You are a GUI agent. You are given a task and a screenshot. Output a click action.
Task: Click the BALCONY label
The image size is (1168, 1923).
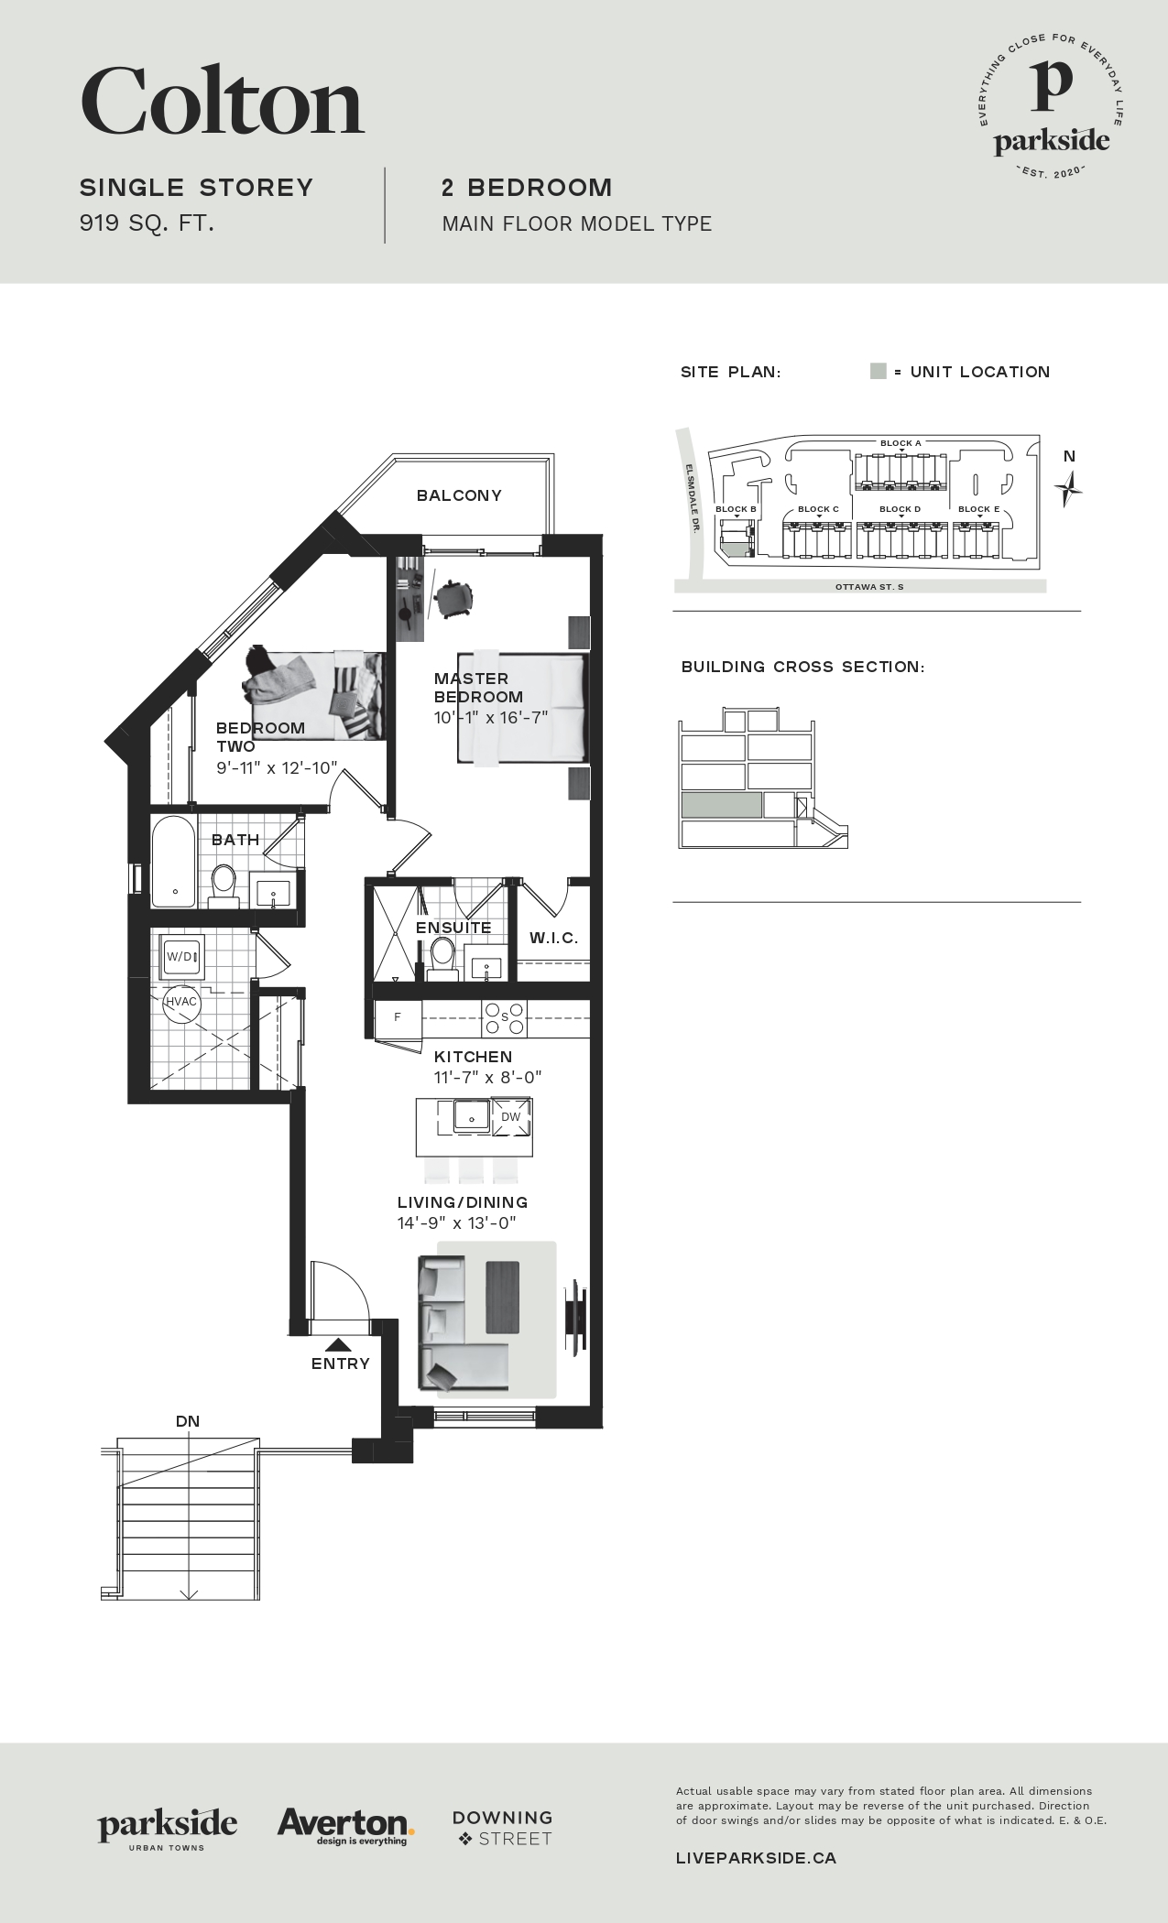pyautogui.click(x=459, y=495)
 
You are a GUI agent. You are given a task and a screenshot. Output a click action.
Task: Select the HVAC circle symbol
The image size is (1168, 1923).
pyautogui.click(x=180, y=1002)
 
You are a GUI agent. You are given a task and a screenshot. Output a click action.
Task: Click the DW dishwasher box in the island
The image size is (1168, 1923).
pyautogui.click(x=511, y=1116)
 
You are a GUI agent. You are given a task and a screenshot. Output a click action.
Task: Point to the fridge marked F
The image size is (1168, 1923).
pyautogui.click(x=398, y=1017)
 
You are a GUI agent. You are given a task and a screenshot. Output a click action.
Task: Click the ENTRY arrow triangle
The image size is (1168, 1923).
pyautogui.click(x=338, y=1345)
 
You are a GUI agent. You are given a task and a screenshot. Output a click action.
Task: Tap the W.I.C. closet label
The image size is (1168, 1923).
pyautogui.click(x=553, y=939)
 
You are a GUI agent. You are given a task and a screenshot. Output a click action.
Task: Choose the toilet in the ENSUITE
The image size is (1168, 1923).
pyautogui.click(x=442, y=958)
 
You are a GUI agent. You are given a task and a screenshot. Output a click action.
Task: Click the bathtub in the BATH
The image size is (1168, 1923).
pyautogui.click(x=174, y=862)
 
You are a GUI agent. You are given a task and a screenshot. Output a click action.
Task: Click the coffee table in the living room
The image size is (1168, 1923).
pyautogui.click(x=503, y=1297)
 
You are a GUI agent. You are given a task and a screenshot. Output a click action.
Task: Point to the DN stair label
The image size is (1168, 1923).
pyautogui.click(x=188, y=1421)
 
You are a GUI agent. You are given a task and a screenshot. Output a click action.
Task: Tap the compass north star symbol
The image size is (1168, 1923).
pyautogui.click(x=1068, y=488)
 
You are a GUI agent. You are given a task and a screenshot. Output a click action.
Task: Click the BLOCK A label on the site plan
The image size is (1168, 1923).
pyautogui.click(x=901, y=443)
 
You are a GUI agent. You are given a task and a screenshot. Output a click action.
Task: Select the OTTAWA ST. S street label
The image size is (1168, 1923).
pyautogui.click(x=869, y=586)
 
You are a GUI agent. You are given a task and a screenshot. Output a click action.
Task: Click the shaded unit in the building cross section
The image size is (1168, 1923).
pyautogui.click(x=721, y=805)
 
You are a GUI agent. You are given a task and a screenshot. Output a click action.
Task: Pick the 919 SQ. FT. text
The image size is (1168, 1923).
pyautogui.click(x=147, y=223)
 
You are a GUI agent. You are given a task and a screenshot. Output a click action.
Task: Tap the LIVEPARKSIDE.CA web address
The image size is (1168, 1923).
pyautogui.click(x=756, y=1858)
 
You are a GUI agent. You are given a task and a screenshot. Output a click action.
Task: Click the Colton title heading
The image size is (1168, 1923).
pyautogui.click(x=223, y=102)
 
